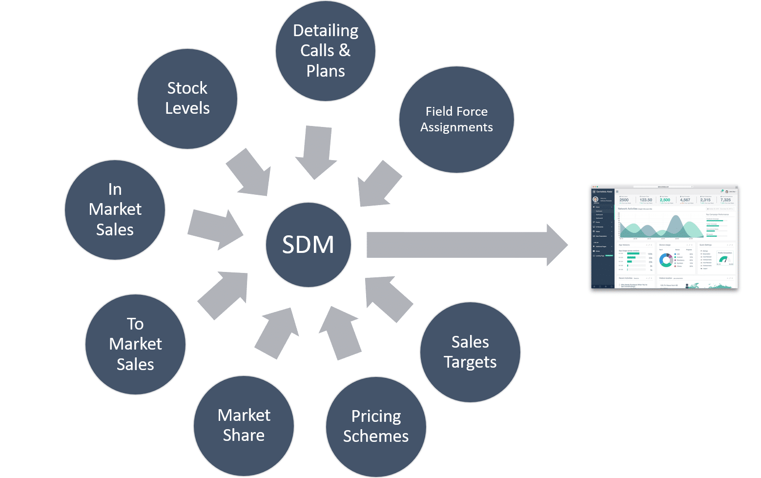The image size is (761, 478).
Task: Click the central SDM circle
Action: pyautogui.click(x=308, y=244)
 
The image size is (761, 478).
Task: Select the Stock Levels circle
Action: pyautogui.click(x=187, y=99)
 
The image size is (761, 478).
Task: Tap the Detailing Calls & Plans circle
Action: pyautogui.click(x=326, y=51)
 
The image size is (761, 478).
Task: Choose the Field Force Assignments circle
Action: pyautogui.click(x=456, y=120)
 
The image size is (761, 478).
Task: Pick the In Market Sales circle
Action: pyautogui.click(x=115, y=209)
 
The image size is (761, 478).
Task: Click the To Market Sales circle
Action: pyautogui.click(x=135, y=344)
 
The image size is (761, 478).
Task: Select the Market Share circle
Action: pyautogui.click(x=244, y=425)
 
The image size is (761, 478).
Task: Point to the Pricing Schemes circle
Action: pyautogui.click(x=376, y=426)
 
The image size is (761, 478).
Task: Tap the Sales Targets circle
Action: pyautogui.click(x=470, y=352)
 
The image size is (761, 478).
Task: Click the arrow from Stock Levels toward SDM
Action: pyautogui.click(x=250, y=173)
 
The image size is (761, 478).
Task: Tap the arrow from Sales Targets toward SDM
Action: pyautogui.click(x=388, y=298)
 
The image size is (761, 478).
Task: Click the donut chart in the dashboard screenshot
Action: pyautogui.click(x=665, y=260)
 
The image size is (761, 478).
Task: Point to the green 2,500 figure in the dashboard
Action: pyautogui.click(x=665, y=200)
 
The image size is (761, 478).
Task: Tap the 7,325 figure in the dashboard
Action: pyautogui.click(x=726, y=200)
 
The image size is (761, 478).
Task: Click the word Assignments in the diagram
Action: pyautogui.click(x=456, y=127)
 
